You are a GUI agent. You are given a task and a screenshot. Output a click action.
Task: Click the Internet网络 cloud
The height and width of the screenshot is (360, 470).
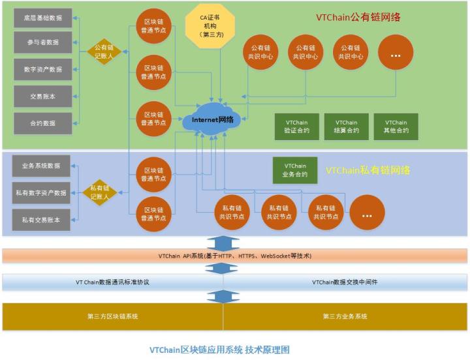pyautogui.click(x=212, y=119)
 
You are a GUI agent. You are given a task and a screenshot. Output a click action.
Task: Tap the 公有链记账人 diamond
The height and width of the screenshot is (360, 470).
pyautogui.click(x=105, y=51)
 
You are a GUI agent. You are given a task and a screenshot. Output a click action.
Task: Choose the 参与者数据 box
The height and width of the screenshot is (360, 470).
pyautogui.click(x=43, y=42)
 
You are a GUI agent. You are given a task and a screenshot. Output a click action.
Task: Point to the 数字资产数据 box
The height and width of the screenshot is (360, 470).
pyautogui.click(x=43, y=69)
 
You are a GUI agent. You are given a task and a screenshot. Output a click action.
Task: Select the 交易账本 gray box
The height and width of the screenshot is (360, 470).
pyautogui.click(x=43, y=96)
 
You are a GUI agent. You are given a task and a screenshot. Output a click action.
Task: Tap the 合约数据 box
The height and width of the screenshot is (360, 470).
pyautogui.click(x=43, y=123)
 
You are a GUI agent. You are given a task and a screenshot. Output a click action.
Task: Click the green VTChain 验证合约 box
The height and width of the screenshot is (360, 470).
pyautogui.click(x=296, y=127)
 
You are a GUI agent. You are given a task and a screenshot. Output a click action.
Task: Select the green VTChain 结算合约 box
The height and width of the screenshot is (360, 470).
pyautogui.click(x=346, y=127)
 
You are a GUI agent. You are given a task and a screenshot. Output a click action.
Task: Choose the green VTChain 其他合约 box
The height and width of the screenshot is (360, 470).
pyautogui.click(x=396, y=127)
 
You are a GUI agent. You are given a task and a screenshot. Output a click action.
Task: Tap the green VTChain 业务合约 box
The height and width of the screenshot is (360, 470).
pyautogui.click(x=294, y=170)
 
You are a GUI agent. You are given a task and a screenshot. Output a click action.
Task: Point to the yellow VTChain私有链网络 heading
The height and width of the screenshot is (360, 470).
pyautogui.click(x=368, y=170)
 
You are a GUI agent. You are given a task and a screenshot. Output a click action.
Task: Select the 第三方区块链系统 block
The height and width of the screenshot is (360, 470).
pyautogui.click(x=112, y=316)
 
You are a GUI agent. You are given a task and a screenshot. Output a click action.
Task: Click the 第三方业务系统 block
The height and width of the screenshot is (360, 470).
pyautogui.click(x=345, y=316)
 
